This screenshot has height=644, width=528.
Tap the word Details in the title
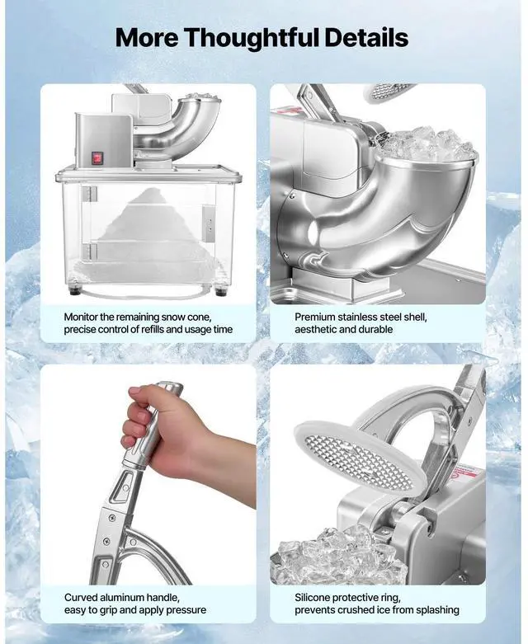coord(367,37)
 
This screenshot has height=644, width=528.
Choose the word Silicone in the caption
coord(318,597)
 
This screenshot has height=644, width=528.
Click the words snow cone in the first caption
coord(202,316)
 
